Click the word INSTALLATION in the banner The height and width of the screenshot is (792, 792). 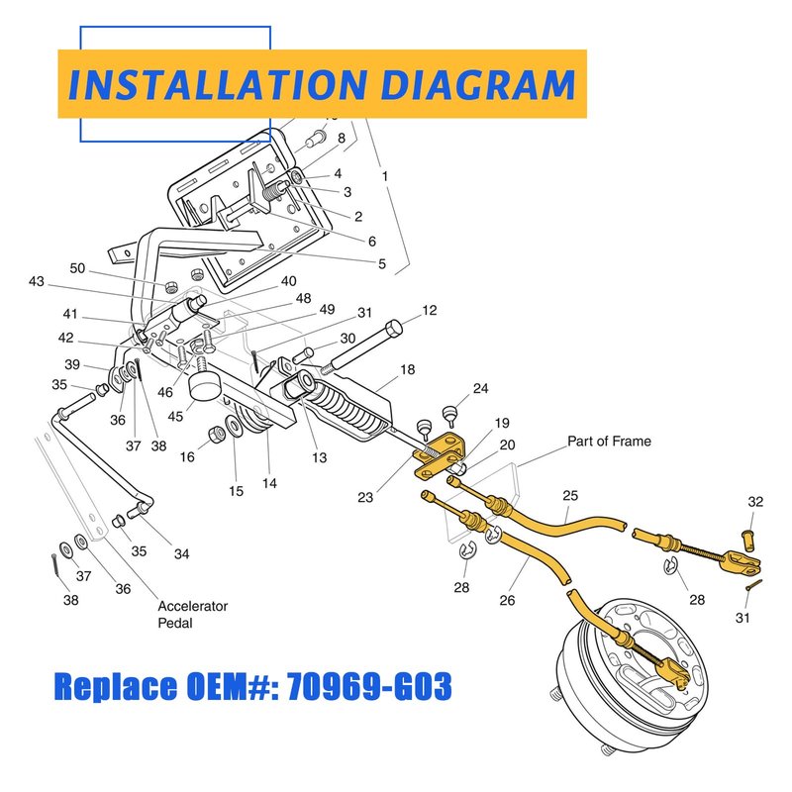(x=217, y=84)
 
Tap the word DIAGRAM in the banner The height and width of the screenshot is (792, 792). (x=478, y=84)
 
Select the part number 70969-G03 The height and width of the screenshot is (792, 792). (x=368, y=686)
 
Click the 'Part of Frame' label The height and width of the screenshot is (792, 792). (x=609, y=441)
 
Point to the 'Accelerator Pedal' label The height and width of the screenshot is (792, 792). (x=192, y=614)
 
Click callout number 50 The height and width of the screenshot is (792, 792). (x=77, y=268)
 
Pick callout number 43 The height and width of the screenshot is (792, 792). (x=37, y=281)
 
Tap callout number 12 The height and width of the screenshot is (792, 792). (x=430, y=310)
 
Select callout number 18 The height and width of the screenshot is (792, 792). (x=407, y=369)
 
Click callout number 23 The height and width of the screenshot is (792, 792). (x=365, y=498)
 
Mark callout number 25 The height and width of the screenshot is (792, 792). (x=570, y=496)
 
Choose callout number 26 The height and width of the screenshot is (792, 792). (x=507, y=600)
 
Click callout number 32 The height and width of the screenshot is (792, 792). (x=755, y=502)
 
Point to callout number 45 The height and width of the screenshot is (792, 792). (x=175, y=416)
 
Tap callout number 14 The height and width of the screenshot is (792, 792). (x=269, y=483)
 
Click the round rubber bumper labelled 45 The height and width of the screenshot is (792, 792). (x=204, y=387)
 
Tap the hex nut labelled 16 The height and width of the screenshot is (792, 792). (x=217, y=435)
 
